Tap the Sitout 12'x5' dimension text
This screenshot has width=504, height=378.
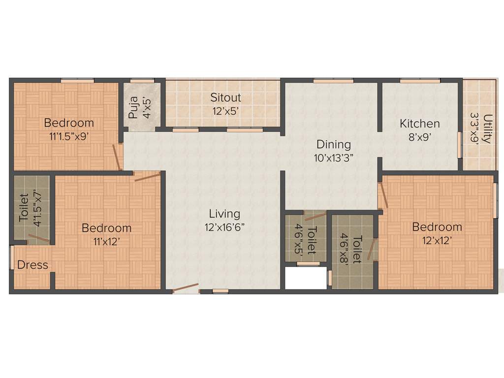[225, 111]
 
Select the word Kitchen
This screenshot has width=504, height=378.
[419, 124]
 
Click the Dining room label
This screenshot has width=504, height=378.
[333, 144]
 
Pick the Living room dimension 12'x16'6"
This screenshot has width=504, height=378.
[224, 227]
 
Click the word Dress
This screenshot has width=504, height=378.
[32, 265]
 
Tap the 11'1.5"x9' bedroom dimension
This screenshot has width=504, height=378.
[68, 137]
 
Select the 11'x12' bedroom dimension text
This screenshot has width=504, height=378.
[106, 242]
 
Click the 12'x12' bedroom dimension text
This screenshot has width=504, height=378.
[437, 241]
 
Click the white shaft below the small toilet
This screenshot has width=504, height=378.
[306, 279]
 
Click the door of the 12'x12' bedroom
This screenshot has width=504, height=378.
[383, 195]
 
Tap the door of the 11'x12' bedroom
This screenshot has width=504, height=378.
[147, 176]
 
